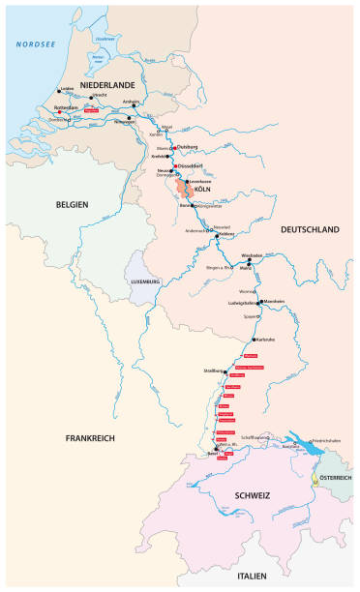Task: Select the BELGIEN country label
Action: pos(72,204)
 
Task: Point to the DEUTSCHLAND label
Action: pos(309,229)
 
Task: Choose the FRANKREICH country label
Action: pos(90,438)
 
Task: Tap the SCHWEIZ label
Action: pos(251,495)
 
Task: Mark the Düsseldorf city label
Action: pos(190,166)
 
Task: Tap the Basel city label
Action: pos(216,452)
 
